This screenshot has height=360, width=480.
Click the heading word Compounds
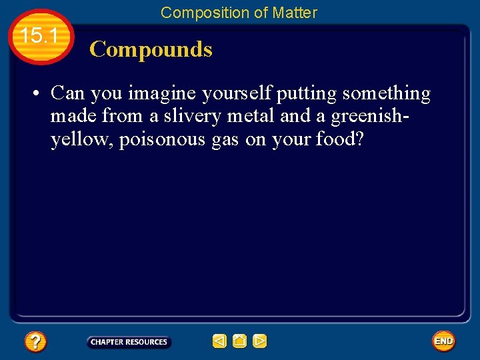[151, 49]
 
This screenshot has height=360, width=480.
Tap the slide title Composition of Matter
[239, 12]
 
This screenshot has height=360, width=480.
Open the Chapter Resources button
[129, 342]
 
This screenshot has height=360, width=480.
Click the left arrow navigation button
[219, 341]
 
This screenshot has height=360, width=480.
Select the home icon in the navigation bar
[239, 341]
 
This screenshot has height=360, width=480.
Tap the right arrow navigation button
[260, 341]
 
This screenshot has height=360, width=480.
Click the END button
[443, 341]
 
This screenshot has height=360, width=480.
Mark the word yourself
[236, 93]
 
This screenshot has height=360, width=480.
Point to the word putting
[307, 93]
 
